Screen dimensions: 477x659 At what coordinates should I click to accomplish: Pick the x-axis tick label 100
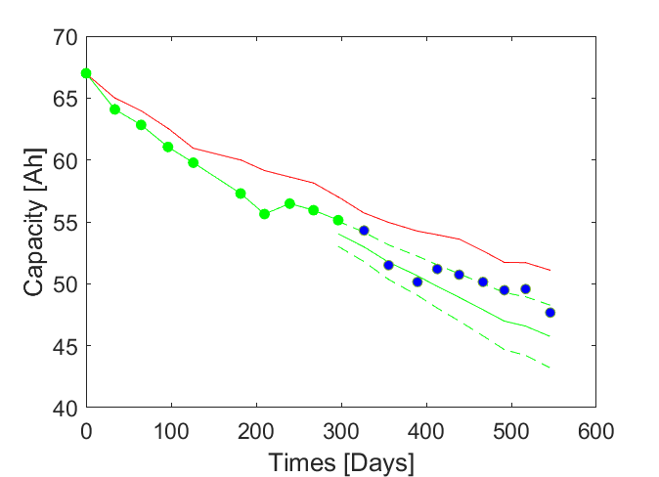(171, 430)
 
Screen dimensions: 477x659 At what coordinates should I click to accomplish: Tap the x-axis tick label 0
(86, 430)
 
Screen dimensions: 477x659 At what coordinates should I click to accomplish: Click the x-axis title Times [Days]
(340, 460)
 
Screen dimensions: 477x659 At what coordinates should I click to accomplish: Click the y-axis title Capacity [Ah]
(34, 222)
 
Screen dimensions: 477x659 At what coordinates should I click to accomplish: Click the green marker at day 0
(86, 73)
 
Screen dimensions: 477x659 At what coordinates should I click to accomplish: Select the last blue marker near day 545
(550, 313)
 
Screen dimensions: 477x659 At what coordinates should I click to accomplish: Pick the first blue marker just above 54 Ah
(364, 231)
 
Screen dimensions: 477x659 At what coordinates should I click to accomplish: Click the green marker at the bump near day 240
(289, 203)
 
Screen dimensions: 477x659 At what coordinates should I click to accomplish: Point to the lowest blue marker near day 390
(417, 282)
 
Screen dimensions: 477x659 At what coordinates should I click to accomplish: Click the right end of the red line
(550, 270)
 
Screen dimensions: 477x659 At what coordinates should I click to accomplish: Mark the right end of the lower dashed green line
(550, 368)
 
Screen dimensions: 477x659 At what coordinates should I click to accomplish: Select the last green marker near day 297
(338, 220)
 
